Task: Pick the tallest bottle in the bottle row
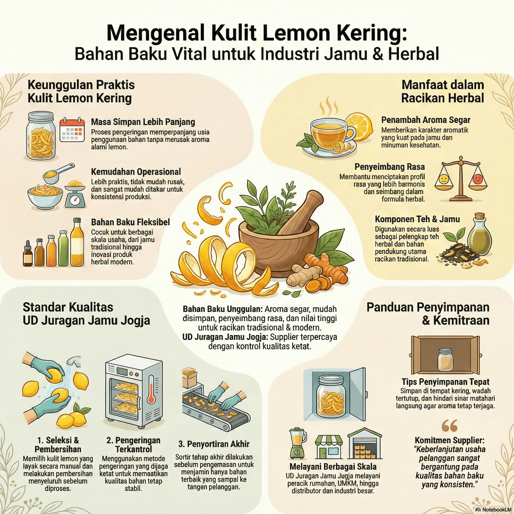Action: coord(77,243)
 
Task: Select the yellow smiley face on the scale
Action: coord(443,179)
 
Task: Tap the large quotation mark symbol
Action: coord(449,426)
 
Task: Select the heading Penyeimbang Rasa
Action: coord(390,167)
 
